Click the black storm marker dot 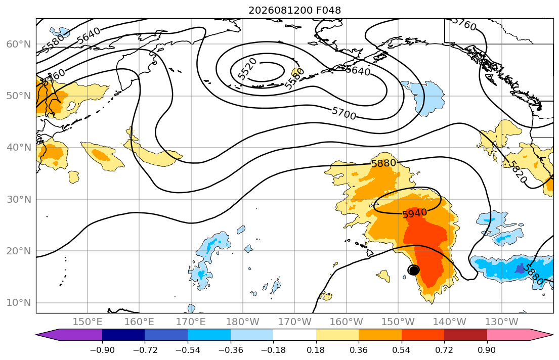coord(413,270)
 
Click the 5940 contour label coord(414,213)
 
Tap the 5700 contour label coord(343,113)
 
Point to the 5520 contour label coord(247,68)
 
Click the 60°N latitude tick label coord(19,44)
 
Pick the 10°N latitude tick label coord(19,303)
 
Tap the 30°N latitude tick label coord(19,199)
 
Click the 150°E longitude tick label coord(88,322)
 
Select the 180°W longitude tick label coord(243,322)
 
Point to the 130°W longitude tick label coord(502,322)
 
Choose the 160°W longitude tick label coord(346,322)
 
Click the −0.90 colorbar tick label coord(102,350)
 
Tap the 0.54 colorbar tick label coord(402,350)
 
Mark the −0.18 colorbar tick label coord(273,350)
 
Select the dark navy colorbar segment coord(123,335)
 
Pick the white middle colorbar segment coord(294,335)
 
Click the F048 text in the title coord(328,10)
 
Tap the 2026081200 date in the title coord(281,10)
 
